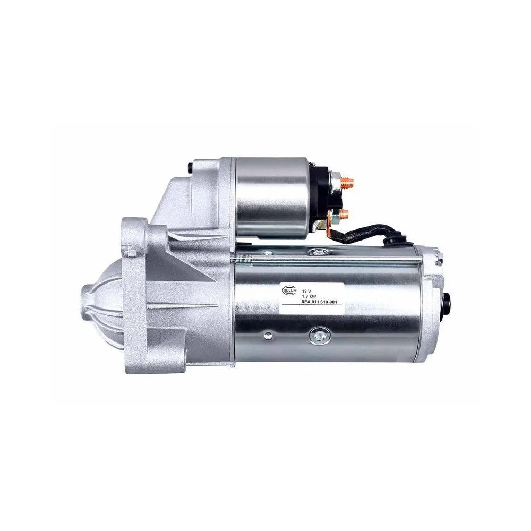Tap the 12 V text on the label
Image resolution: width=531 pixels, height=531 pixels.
tap(305, 292)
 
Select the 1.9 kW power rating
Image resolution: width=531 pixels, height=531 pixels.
tap(307, 297)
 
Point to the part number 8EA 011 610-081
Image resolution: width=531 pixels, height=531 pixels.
tap(320, 302)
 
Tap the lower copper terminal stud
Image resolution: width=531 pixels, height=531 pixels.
tap(345, 215)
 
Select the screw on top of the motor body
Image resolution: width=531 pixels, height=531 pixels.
tap(318, 252)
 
